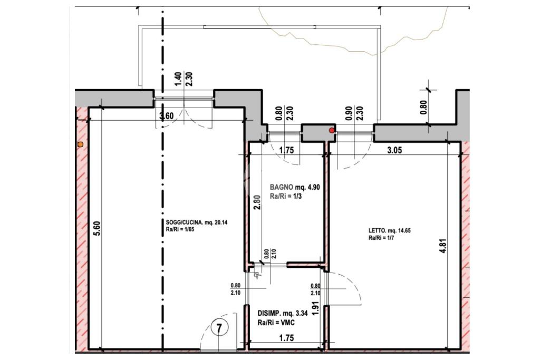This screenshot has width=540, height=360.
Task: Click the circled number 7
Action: click(219, 329)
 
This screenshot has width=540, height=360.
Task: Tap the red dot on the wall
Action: click(332, 130)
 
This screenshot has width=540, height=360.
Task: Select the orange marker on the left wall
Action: click(80, 144)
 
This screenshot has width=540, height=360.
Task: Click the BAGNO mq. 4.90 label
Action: click(295, 187)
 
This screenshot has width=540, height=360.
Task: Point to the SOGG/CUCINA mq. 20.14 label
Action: click(194, 222)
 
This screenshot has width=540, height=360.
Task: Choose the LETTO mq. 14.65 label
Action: click(390, 230)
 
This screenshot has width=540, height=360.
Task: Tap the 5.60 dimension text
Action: click(97, 228)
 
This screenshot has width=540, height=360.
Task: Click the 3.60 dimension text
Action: click(167, 115)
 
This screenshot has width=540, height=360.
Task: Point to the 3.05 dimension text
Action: click(394, 150)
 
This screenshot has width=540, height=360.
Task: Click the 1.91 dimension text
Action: click(314, 309)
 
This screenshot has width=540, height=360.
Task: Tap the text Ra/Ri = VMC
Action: click(276, 323)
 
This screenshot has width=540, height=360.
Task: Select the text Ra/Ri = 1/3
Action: click(286, 197)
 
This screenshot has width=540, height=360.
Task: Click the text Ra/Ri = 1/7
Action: click(381, 238)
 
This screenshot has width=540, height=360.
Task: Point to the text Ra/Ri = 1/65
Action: click(178, 230)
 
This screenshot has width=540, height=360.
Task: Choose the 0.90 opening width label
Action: click(349, 113)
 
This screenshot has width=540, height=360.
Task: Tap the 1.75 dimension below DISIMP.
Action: click(286, 338)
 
